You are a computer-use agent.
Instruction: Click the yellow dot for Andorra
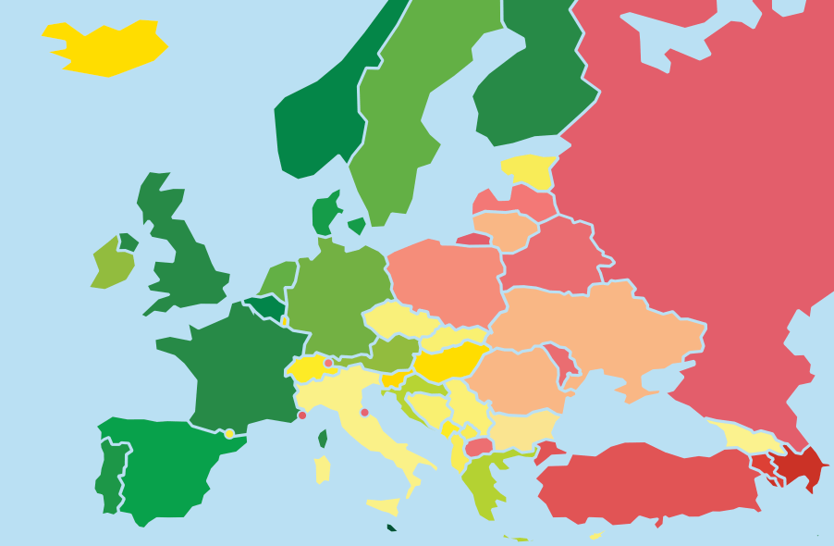click(x=229, y=433)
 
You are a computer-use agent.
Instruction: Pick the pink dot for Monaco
click(x=301, y=416)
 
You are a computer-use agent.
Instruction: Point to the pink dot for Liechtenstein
click(x=327, y=363)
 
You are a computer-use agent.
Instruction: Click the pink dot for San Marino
click(x=364, y=413)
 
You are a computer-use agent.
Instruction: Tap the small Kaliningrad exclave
click(x=472, y=240)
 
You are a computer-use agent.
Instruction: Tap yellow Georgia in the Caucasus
click(x=747, y=438)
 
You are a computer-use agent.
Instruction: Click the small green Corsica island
click(x=323, y=438)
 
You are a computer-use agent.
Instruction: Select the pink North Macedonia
click(x=478, y=447)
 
